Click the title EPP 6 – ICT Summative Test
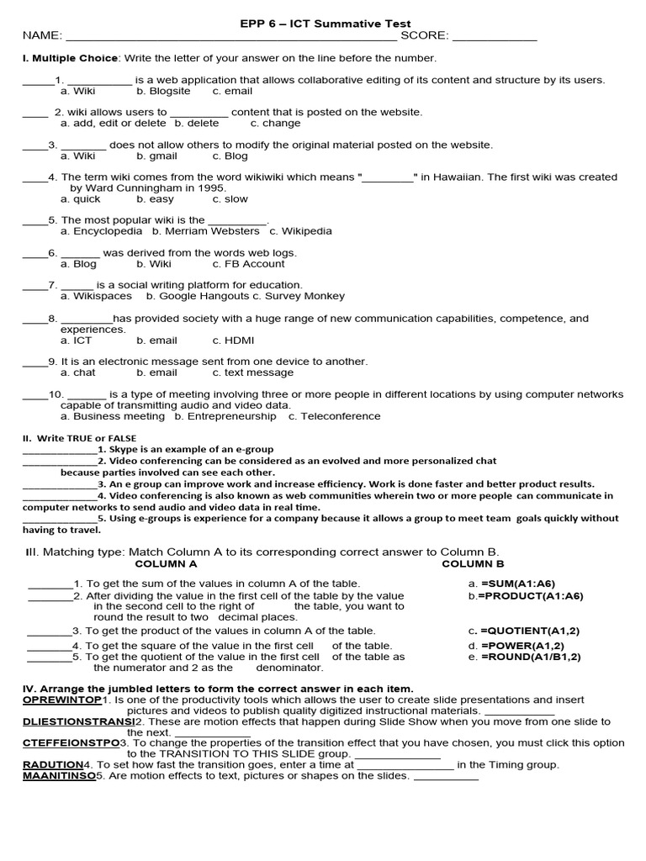click(325, 24)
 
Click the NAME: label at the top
click(41, 36)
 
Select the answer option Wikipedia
click(306, 231)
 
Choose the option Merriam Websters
click(212, 231)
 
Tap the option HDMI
click(240, 341)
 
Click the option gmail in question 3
click(163, 156)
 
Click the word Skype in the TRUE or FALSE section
click(120, 450)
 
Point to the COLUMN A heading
click(166, 564)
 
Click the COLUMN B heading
click(473, 564)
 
